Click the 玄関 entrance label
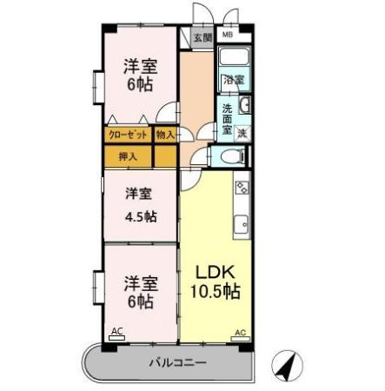click(x=202, y=37)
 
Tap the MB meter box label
click(x=227, y=36)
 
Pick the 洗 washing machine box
click(x=242, y=133)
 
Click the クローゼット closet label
click(x=127, y=135)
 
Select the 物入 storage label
click(x=165, y=135)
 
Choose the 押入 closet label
click(x=128, y=157)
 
